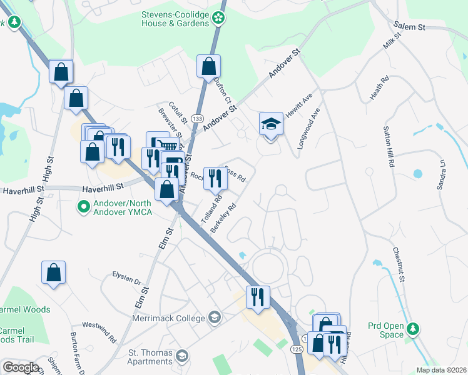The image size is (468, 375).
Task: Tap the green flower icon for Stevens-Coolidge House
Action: [x=218, y=18]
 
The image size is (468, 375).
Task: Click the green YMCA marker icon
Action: [x=83, y=206]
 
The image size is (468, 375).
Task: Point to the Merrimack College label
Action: [x=169, y=317]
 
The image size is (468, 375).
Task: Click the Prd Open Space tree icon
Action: [x=412, y=329]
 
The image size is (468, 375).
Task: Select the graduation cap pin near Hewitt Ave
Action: [x=271, y=124]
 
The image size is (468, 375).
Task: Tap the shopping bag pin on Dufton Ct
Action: [x=208, y=67]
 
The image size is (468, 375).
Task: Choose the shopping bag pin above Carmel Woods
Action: [x=54, y=273]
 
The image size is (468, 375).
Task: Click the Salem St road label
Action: [x=409, y=27]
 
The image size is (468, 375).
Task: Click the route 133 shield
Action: [x=198, y=118]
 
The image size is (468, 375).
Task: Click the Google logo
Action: [x=21, y=367]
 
